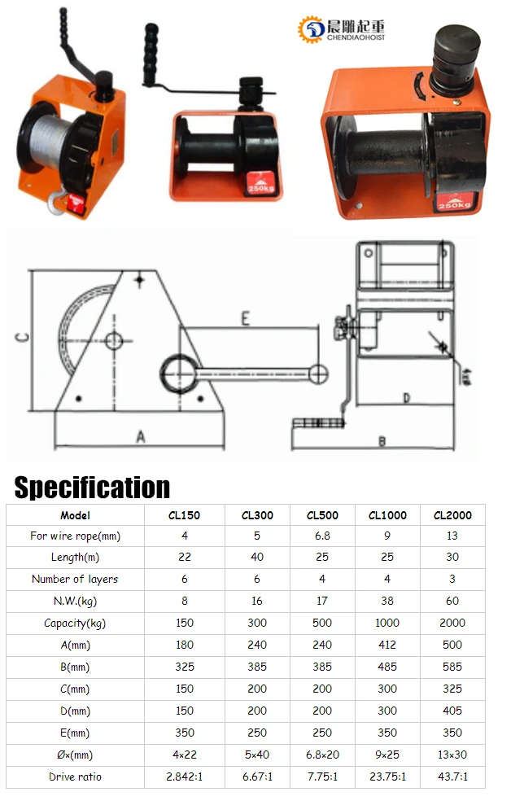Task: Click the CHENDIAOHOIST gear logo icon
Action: (312, 30)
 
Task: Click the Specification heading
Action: (92, 487)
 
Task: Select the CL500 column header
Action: (322, 515)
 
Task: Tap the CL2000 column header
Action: (452, 515)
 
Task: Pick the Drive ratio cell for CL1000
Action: (387, 777)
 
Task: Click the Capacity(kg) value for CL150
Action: (185, 623)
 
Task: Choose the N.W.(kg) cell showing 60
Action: (452, 601)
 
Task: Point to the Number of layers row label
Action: (75, 580)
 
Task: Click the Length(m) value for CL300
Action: (257, 558)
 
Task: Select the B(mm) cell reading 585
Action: (452, 667)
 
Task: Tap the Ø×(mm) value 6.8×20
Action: (322, 755)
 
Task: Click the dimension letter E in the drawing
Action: (245, 319)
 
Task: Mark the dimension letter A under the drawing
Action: (140, 437)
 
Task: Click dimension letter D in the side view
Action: (406, 399)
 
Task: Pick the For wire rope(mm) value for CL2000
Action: (452, 536)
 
